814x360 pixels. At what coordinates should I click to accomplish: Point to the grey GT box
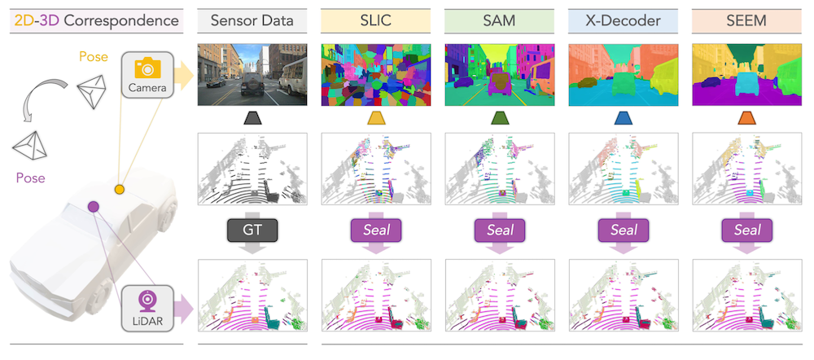coord(252,230)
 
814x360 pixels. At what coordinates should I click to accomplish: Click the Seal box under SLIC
coord(376,230)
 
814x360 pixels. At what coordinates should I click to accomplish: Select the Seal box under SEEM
coord(746,230)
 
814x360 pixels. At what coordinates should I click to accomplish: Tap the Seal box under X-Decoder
coord(623,230)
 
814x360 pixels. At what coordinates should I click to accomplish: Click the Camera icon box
coord(147,75)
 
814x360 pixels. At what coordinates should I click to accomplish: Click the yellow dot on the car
coord(120,189)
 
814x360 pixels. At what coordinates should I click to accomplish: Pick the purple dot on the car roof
coord(94,207)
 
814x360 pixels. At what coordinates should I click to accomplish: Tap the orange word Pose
coord(92,57)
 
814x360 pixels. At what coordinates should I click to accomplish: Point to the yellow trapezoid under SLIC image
coord(376,119)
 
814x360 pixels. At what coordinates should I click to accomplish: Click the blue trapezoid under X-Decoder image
coord(623,119)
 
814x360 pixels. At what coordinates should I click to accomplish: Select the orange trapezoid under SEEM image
coord(746,119)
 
